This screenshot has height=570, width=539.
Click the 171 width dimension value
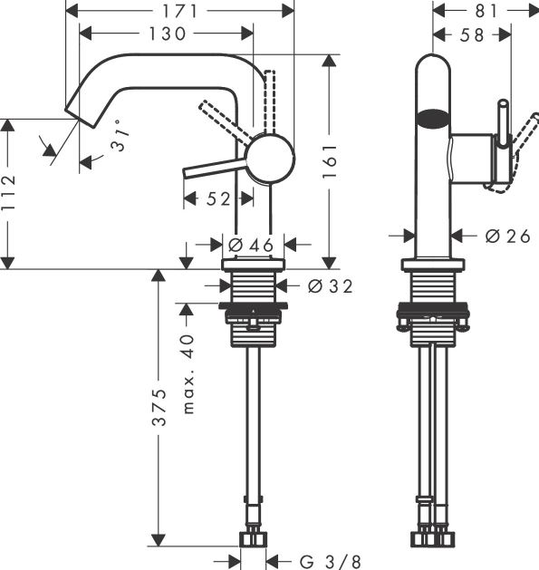coord(179,11)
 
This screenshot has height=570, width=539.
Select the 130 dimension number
coord(168,34)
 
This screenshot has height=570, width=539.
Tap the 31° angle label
coord(120,136)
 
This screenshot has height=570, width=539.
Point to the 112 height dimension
coord(8,192)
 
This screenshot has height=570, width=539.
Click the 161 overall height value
coord(330,161)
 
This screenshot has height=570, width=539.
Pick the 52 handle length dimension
coord(218,198)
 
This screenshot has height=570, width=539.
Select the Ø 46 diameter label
coord(251,245)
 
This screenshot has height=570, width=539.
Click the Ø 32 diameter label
coord(330,286)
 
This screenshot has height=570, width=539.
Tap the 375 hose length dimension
coord(159,407)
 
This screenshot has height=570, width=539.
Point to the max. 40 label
coord(188,374)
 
